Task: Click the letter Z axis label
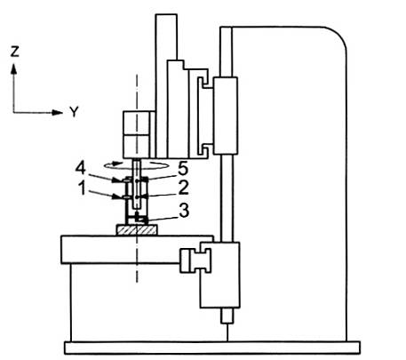14,52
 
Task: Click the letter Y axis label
74,112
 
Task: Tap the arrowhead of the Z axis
13,69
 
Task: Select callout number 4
81,168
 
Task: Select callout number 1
83,188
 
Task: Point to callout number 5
183,169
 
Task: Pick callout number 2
183,188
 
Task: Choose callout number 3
184,211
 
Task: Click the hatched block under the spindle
137,229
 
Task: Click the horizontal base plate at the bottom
212,348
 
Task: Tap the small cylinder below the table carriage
227,316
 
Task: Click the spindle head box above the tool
137,135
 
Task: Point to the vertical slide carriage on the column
226,116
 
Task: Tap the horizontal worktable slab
137,250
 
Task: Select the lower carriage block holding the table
219,275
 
